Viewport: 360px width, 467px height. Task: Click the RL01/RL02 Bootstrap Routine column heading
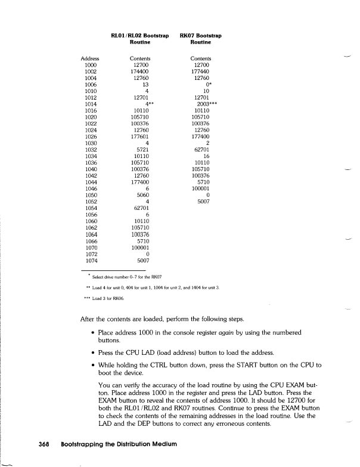pos(139,39)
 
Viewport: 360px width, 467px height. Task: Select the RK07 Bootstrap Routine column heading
pos(200,39)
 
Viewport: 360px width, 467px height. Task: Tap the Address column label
pos(90,58)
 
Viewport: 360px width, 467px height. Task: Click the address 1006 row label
pos(91,85)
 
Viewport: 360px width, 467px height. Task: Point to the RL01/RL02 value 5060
pos(142,195)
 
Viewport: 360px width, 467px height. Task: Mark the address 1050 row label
pos(91,195)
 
